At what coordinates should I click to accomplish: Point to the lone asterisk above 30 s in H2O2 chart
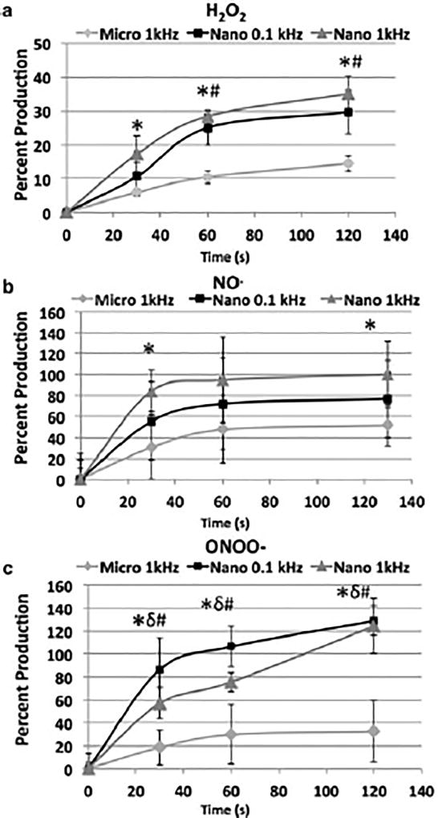138,126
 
